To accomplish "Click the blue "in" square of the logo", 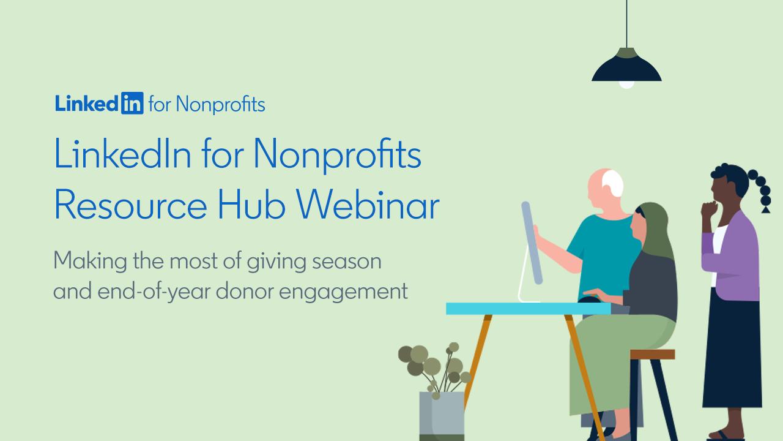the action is click(x=132, y=103).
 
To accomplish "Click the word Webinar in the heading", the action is click(x=368, y=205).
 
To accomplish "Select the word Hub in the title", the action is click(x=251, y=205).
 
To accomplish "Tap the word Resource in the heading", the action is click(x=131, y=205).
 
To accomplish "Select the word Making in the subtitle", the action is click(x=90, y=262).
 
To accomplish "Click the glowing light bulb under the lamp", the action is click(x=626, y=85).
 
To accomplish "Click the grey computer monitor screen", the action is click(x=532, y=243).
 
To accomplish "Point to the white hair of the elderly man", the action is click(x=613, y=183).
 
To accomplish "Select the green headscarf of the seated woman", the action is click(x=655, y=227).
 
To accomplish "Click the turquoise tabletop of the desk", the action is click(x=528, y=309).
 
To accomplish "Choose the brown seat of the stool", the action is click(x=652, y=354).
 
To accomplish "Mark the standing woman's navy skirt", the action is click(x=732, y=350).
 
